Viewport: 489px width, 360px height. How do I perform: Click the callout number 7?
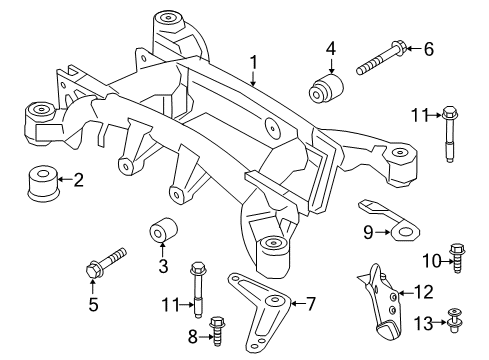point(309,302)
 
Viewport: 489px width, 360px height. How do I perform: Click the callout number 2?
point(79,181)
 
